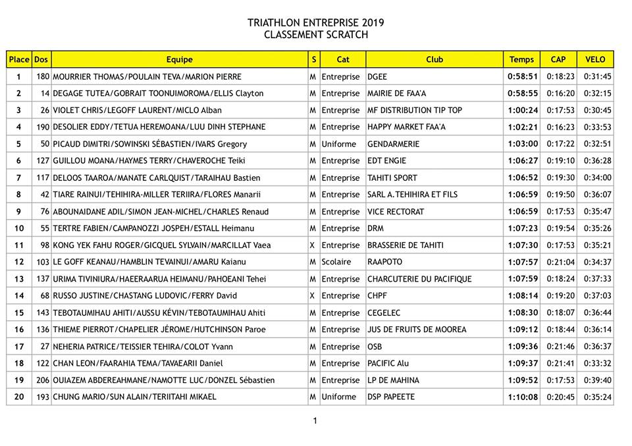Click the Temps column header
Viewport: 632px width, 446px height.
[x=522, y=59]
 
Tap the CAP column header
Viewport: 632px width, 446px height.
[x=558, y=59]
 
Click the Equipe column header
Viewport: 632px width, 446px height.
[x=179, y=59]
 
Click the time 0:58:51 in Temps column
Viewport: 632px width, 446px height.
[x=523, y=76]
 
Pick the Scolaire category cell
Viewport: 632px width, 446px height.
[x=338, y=262]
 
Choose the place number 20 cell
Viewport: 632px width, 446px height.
[x=19, y=397]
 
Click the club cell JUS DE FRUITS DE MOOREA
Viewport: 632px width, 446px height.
[x=416, y=330]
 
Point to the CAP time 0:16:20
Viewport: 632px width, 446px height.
[x=560, y=93]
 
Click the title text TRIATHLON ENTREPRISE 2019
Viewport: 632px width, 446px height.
[x=316, y=22]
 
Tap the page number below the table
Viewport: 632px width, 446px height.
[x=315, y=420]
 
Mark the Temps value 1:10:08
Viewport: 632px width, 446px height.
[x=523, y=397]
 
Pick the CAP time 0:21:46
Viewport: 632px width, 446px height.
[x=560, y=347]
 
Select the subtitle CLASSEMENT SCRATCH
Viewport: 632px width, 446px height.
[x=316, y=35]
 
